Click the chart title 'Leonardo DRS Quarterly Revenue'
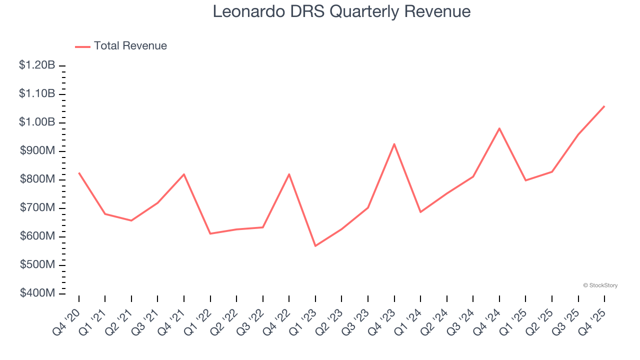point(341,11)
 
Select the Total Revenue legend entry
point(121,46)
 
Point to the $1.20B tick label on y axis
point(37,65)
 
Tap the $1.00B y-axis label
point(37,122)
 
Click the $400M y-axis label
point(37,293)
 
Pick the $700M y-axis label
point(37,207)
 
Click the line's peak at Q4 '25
point(604,106)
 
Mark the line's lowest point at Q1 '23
point(315,246)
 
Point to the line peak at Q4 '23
point(394,144)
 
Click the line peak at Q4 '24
point(499,128)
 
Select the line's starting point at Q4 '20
point(79,173)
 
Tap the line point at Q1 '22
point(210,233)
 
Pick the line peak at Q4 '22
point(289,174)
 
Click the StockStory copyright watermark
point(600,285)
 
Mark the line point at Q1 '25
point(525,180)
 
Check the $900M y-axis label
point(37,150)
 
